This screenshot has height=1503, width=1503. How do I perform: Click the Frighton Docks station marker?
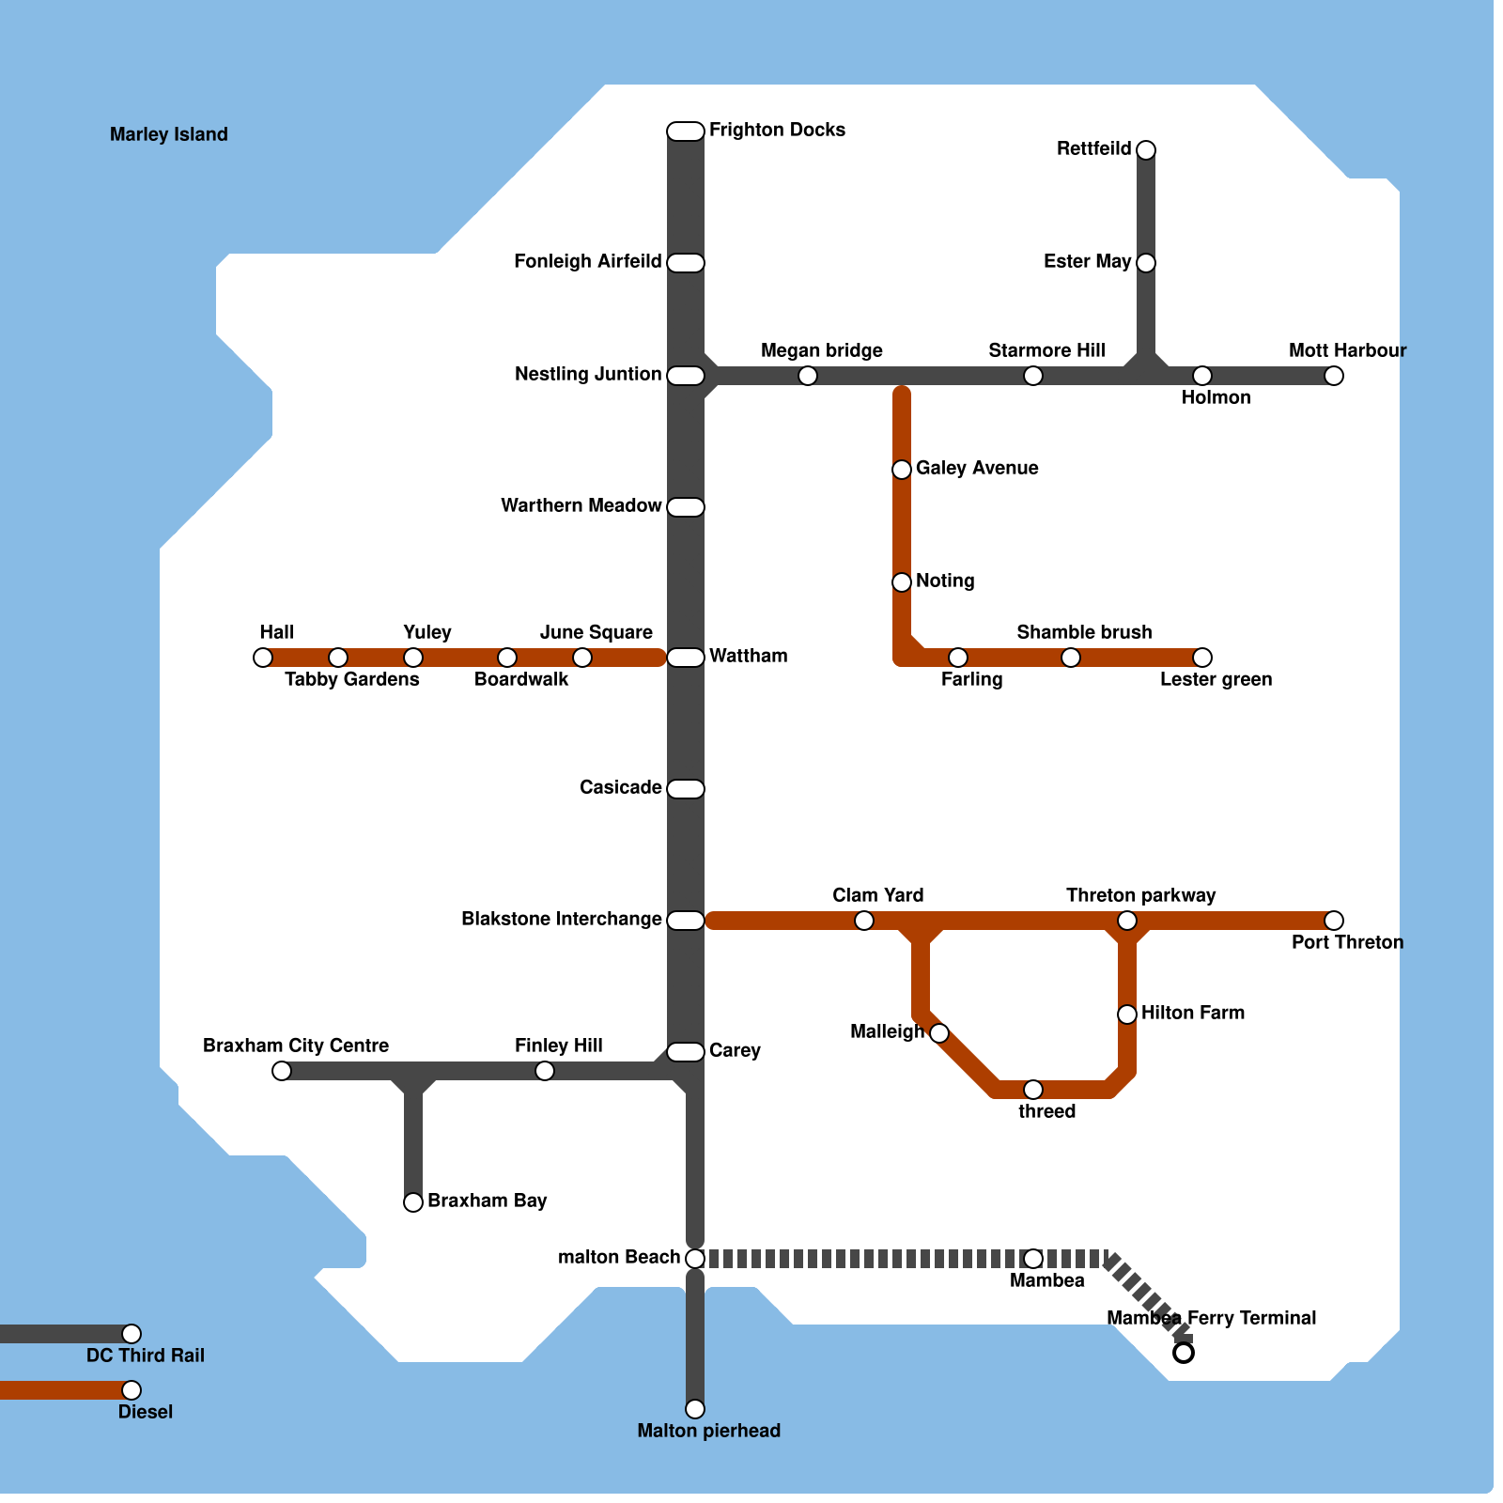pos(686,132)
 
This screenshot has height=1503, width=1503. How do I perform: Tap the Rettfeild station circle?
pos(1146,150)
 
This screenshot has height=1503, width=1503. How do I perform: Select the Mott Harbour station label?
pos(1347,351)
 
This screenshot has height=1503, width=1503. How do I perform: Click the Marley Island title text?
pos(169,134)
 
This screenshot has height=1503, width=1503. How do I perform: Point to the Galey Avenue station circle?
pos(902,470)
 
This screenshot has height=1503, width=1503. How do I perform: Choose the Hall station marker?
pos(263,658)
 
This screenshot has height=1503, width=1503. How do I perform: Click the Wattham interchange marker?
pos(686,658)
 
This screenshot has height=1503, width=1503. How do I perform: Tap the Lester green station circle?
pos(1202,658)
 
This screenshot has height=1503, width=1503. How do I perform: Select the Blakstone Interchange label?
pos(561,919)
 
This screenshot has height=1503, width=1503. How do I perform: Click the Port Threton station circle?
pos(1334,921)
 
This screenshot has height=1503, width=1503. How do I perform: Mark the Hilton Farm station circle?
pos(1127,1015)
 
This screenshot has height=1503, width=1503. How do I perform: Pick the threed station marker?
pos(1033,1090)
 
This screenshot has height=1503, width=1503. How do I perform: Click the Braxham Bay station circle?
pos(413,1202)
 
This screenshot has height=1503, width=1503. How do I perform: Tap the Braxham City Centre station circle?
pos(282,1071)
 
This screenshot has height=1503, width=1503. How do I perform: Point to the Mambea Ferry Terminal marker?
pos(1184,1353)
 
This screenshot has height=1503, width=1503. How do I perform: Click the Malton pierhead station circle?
pos(695,1409)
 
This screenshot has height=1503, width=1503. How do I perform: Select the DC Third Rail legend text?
pos(146,1356)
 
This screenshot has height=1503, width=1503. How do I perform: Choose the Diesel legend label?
pos(146,1412)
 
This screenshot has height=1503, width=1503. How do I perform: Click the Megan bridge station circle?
pos(808,376)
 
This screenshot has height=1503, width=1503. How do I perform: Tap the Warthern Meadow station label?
pos(581,505)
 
